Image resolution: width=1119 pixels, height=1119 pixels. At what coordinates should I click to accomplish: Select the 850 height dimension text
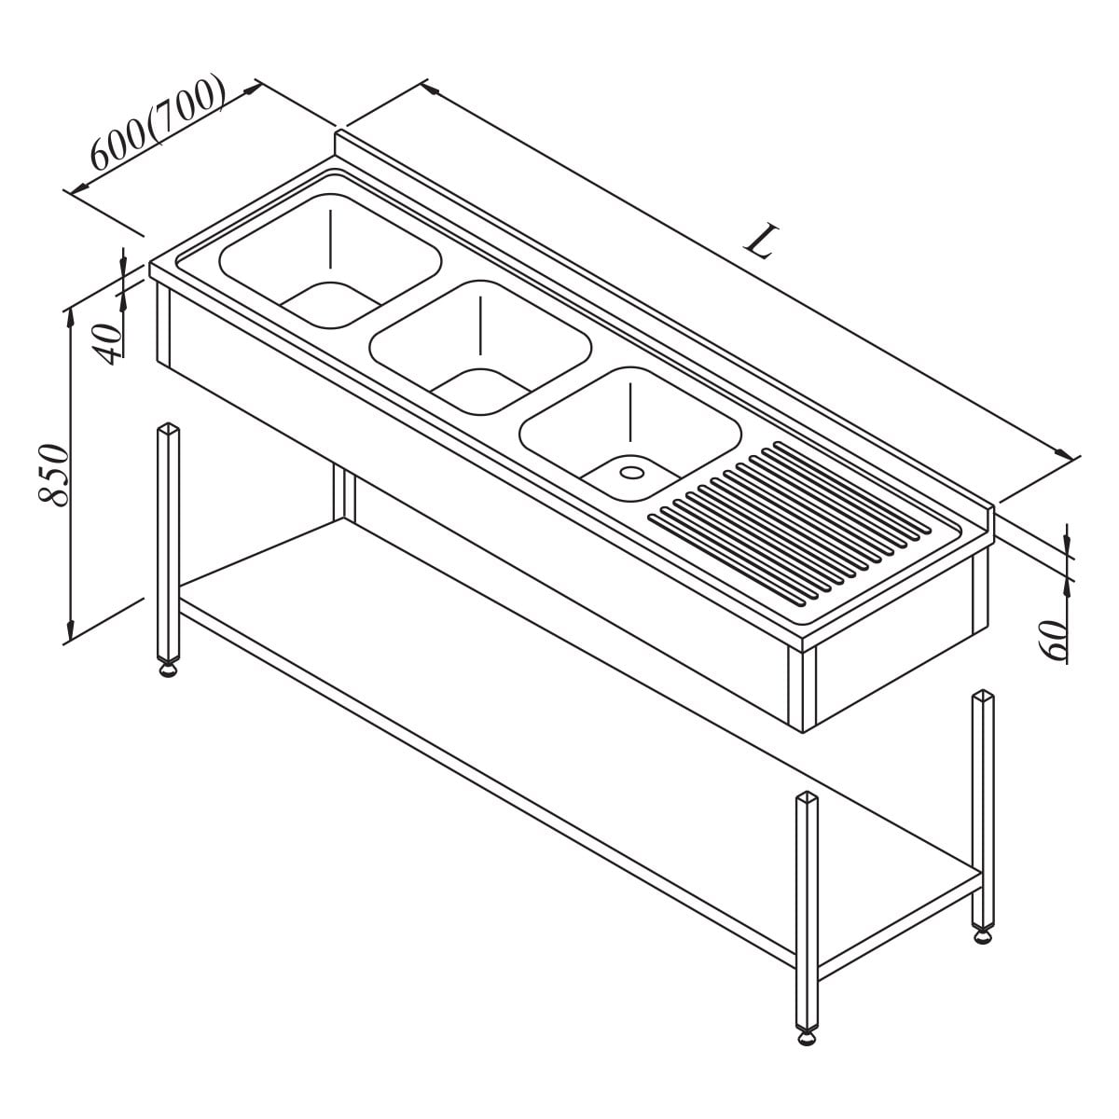(53, 475)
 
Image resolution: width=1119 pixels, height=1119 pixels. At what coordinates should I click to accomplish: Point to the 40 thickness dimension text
(108, 343)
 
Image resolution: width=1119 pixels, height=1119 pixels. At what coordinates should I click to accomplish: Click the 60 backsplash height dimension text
(1054, 640)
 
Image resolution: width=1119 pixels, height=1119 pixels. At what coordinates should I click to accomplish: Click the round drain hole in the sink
(631, 472)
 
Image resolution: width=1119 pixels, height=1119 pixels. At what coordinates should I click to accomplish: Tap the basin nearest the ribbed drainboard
(630, 434)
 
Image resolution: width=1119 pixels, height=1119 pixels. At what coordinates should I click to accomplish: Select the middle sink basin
(480, 348)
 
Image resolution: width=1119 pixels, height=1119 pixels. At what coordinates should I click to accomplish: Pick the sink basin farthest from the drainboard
(330, 261)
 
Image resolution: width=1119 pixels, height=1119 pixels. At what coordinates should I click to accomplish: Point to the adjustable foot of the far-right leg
(983, 935)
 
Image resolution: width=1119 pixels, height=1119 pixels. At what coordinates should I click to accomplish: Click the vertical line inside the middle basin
(480, 325)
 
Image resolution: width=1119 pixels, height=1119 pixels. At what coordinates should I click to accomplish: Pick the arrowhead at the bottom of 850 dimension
(70, 629)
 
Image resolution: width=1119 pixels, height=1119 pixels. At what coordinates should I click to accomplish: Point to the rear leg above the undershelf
(344, 493)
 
